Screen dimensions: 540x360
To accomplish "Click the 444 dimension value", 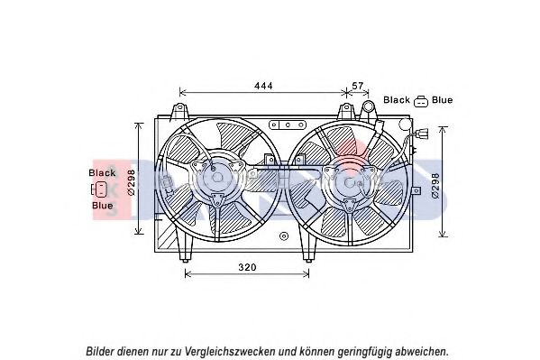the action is pos(263,86).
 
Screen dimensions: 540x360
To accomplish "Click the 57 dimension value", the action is pos(358,86).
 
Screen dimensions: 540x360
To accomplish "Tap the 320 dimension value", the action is pos(247,267).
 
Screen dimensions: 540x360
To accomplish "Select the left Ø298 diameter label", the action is pos(132,182).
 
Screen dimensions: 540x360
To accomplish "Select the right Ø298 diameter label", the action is pos(436,185).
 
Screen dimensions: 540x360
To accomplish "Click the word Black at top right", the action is pos(397,100).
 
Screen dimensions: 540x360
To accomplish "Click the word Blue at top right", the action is pos(443,100).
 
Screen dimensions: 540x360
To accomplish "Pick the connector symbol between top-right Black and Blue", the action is pos(421,101).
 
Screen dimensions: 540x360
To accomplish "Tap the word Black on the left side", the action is pos(102,172).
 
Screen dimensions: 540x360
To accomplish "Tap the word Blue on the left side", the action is pos(102,206).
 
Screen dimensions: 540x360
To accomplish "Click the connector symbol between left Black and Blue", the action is pos(99,189).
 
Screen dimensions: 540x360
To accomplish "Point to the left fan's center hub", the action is pos(217,177).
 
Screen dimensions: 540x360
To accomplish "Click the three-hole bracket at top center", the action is pos(288,125).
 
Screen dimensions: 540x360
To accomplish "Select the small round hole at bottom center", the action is pos(284,236).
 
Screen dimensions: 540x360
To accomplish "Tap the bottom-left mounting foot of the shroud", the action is pos(185,248).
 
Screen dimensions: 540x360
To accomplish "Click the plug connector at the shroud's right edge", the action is pos(422,134).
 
